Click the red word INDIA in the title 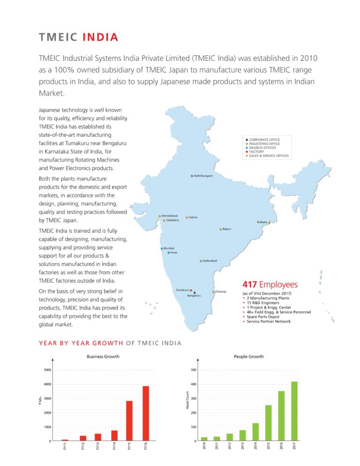click(100, 38)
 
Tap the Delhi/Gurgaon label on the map click(203, 176)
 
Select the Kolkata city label click(262, 222)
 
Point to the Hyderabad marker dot click(201, 261)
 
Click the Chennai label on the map click(221, 292)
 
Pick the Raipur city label click(227, 229)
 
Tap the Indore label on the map click(193, 218)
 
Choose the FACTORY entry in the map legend click(256, 152)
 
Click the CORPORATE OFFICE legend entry click(264, 140)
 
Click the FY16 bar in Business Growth click(146, 413)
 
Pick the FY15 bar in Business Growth click(129, 421)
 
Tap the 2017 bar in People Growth click(294, 411)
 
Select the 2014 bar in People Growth click(255, 432)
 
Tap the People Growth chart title click(248, 357)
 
